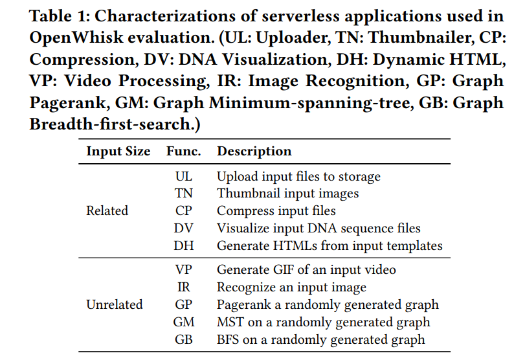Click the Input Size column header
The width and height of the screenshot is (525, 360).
coord(118,152)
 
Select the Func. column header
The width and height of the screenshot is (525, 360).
coord(183,151)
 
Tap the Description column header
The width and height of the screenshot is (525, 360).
coord(254,152)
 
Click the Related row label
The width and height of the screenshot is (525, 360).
coord(107,210)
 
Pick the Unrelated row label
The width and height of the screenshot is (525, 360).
coord(115,304)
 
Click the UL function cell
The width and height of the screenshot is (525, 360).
coord(183,177)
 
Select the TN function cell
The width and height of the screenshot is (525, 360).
coord(183,193)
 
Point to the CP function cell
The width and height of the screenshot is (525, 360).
coord(183,210)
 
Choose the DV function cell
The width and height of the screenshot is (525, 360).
coord(183,228)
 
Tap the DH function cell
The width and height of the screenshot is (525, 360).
coord(183,245)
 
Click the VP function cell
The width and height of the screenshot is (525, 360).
coord(183,269)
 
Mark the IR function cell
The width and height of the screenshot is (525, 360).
coord(183,287)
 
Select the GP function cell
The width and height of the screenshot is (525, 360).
coord(183,304)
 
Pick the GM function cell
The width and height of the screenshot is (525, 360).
coord(183,322)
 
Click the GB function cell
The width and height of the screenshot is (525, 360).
coord(183,339)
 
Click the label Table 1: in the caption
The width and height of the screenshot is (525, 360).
coord(60,16)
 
